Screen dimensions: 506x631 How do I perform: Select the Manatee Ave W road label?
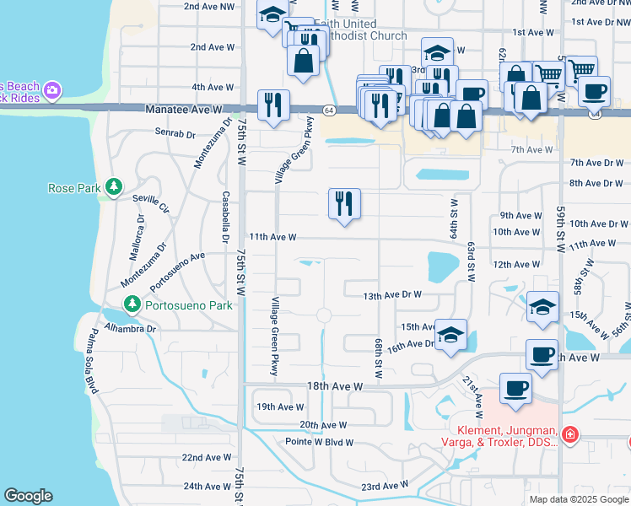point(183,110)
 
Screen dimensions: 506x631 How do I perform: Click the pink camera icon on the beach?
point(52,89)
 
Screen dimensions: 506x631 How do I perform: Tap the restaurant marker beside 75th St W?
point(273,105)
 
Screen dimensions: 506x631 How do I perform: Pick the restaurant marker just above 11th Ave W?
point(344,203)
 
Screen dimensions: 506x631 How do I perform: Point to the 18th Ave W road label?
point(335,386)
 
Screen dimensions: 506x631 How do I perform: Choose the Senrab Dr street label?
point(175,132)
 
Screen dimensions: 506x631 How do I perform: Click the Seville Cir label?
point(151,198)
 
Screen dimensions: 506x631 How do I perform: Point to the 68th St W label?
point(379,358)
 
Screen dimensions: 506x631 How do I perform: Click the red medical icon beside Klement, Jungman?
point(570,435)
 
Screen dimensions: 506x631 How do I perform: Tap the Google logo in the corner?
point(28,496)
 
